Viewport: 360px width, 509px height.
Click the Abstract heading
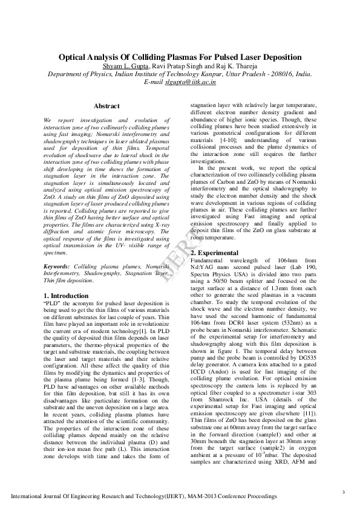(x=106, y=106)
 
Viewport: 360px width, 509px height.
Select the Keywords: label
(x=59, y=266)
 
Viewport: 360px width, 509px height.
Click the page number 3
(x=343, y=491)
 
